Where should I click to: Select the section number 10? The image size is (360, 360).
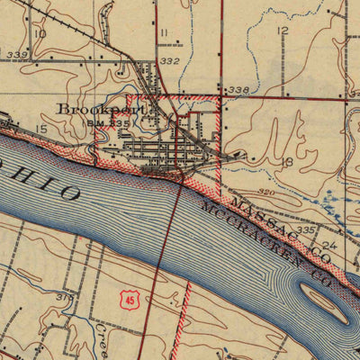point(39,33)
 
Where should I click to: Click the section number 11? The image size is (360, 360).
point(163,33)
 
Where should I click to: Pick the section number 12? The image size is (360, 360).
point(283,31)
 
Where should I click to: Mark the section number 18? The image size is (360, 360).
point(288,161)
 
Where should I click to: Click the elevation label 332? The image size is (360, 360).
point(169,60)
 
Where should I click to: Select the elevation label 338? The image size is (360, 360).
point(238,90)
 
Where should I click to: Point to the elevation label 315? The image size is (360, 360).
point(64,296)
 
